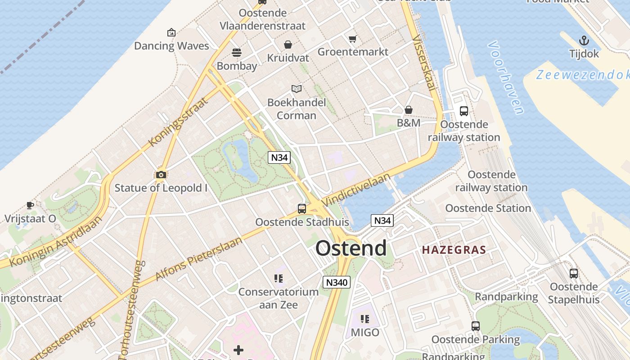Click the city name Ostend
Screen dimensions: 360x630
pos(351,248)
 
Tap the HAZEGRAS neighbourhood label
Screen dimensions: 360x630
pos(454,250)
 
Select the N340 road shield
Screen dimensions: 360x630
pos(337,282)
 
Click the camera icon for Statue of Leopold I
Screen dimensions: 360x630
pos(161,175)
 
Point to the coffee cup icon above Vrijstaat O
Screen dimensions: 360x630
pos(30,205)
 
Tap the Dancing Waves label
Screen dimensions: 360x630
pos(171,46)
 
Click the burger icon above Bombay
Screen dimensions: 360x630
pos(237,53)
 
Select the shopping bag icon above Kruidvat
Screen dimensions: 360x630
pos(288,45)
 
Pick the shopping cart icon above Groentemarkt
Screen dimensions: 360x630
pos(353,39)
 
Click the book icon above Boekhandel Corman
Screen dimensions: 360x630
pos(296,89)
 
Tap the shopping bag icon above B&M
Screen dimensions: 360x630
pos(409,110)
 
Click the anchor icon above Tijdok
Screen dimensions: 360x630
pos(584,40)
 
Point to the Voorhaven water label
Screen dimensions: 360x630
pos(506,77)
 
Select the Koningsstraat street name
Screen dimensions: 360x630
pos(178,121)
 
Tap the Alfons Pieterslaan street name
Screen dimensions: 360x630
pos(199,258)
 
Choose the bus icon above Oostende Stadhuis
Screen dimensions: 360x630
pos(302,209)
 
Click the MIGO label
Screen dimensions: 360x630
pos(365,333)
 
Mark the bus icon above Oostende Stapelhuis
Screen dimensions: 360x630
pos(574,273)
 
